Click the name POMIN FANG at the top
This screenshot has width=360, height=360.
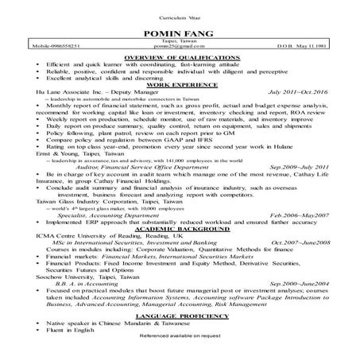pyautogui.click(x=179, y=33)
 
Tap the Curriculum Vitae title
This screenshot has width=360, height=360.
pyautogui.click(x=179, y=17)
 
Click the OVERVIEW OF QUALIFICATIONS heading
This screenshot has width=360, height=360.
pyautogui.click(x=179, y=59)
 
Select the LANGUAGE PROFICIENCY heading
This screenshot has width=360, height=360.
pyautogui.click(x=179, y=317)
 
